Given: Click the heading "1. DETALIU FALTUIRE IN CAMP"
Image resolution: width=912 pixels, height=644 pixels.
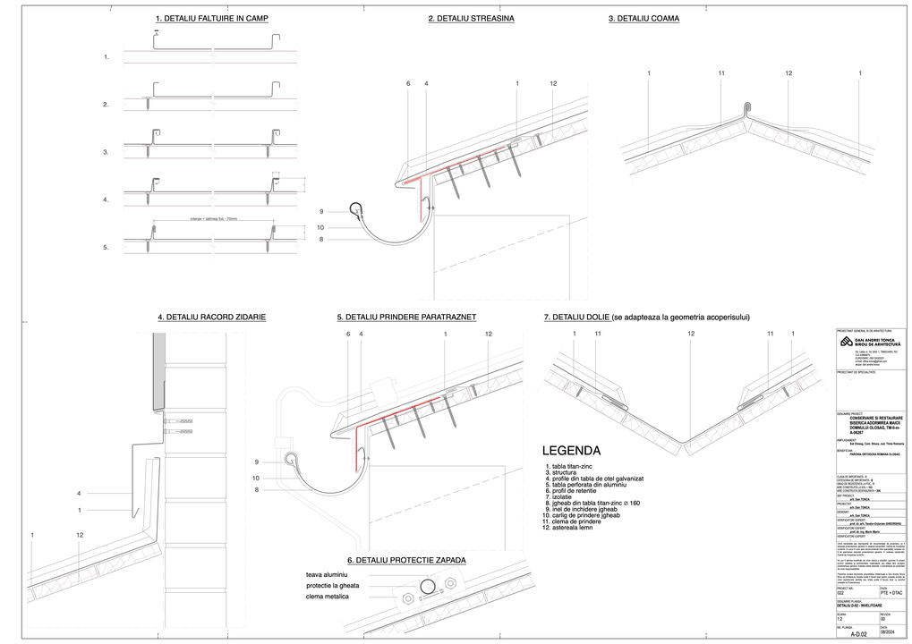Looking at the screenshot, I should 211,18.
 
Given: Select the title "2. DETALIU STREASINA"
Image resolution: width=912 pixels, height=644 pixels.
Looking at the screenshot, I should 471,18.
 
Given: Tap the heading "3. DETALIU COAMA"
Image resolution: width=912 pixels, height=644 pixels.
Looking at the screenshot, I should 644,18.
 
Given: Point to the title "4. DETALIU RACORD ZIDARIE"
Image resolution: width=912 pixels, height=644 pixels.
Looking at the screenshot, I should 211,317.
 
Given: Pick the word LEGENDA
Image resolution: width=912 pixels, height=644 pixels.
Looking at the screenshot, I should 572,451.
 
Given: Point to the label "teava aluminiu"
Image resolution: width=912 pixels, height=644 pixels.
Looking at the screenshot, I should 327,574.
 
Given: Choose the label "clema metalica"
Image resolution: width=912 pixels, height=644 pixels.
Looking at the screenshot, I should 327,597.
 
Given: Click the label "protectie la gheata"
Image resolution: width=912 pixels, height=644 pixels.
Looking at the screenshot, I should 333,586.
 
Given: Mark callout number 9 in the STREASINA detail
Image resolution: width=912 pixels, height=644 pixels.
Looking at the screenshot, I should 321,212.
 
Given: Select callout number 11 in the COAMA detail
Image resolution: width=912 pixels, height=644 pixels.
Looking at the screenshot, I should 720,73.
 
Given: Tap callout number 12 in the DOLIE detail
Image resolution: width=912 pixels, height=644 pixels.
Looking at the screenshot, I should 691,334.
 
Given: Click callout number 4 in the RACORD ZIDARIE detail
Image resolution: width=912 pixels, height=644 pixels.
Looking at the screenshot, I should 79,493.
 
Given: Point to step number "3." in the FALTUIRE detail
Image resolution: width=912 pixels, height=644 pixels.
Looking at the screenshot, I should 106,152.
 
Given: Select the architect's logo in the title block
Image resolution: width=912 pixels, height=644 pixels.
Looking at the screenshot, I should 846,342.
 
